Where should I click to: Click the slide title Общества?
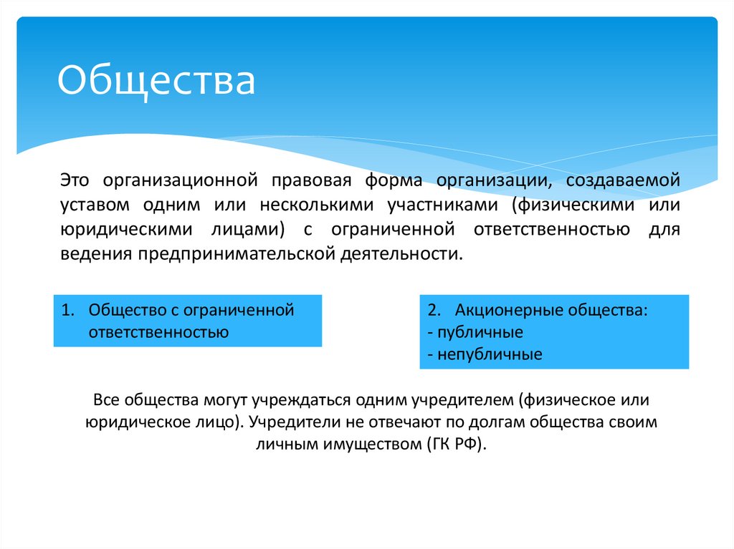pyautogui.click(x=156, y=80)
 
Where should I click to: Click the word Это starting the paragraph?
pyautogui.click(x=75, y=179)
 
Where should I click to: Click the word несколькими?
pyautogui.click(x=317, y=204)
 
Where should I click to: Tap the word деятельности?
pyautogui.click(x=401, y=254)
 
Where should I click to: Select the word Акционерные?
pyautogui.click(x=508, y=311)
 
